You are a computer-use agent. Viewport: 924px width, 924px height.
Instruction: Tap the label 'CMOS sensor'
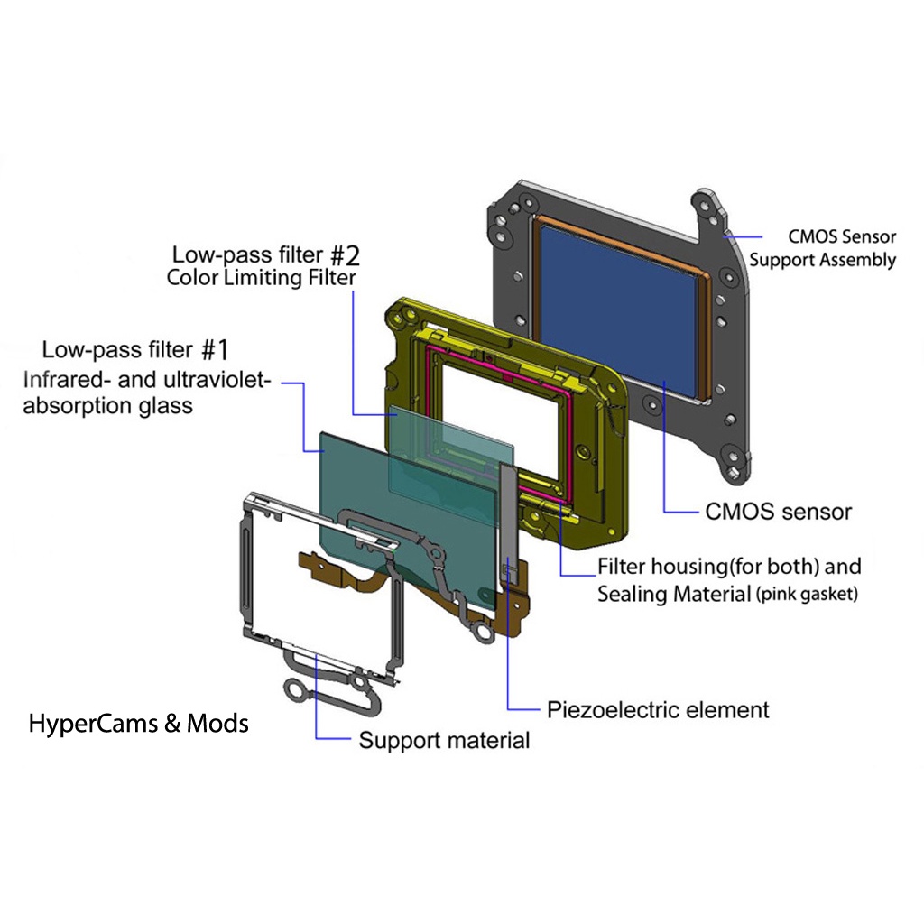tap(778, 512)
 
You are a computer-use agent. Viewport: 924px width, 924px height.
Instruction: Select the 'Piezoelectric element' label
tap(658, 709)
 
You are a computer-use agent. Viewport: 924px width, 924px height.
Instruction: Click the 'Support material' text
tap(444, 740)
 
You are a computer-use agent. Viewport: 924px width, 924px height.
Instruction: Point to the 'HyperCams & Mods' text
tap(138, 724)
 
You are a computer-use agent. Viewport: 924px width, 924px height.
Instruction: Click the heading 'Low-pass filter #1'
tap(135, 350)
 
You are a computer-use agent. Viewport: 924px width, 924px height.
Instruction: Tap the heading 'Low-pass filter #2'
tap(266, 255)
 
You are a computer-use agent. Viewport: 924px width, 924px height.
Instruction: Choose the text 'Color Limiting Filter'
tap(261, 278)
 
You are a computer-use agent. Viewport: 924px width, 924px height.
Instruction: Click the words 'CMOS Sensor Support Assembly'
tap(823, 248)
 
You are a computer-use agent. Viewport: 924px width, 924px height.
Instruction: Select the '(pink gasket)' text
tap(807, 594)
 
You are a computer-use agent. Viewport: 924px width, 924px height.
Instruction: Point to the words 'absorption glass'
tap(108, 406)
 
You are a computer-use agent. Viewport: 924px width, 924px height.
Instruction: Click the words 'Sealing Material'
tap(674, 594)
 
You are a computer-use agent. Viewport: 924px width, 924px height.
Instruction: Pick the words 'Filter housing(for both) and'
tap(729, 567)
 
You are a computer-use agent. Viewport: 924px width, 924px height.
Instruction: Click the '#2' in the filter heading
tap(345, 255)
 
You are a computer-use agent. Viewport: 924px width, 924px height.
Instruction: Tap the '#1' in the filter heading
tap(215, 350)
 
